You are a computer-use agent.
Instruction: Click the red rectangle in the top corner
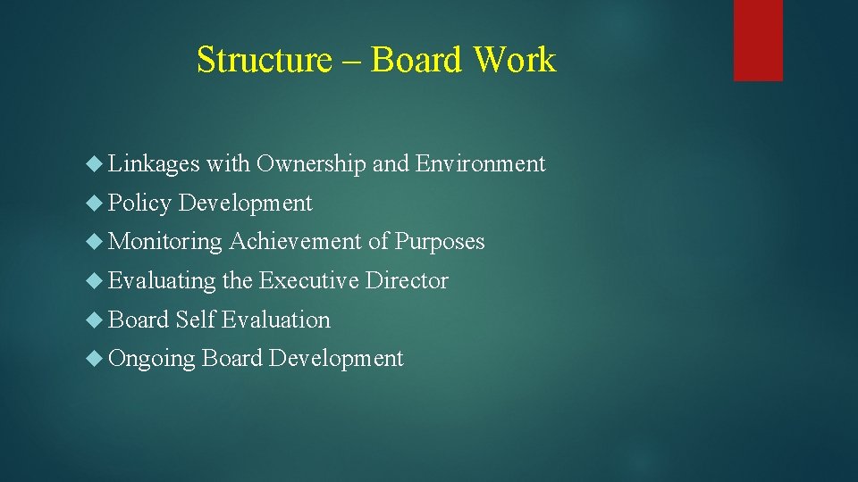pos(758,39)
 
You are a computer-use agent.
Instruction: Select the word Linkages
pos(154,164)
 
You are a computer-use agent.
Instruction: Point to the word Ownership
pos(311,164)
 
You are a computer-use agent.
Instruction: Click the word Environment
pos(481,164)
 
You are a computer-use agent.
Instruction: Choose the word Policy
pos(139,204)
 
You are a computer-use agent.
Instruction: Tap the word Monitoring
pos(165,242)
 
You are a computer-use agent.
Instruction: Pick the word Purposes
pos(440,242)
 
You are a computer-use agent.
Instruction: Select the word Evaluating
pos(162,281)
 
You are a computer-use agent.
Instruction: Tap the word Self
pos(196,320)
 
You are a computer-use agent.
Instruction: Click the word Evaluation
pos(276,320)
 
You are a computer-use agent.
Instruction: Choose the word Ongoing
pos(152,359)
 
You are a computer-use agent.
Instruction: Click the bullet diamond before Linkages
pos(97,164)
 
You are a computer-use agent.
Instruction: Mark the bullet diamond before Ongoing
pos(97,359)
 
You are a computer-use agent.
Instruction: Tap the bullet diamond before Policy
pos(97,204)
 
